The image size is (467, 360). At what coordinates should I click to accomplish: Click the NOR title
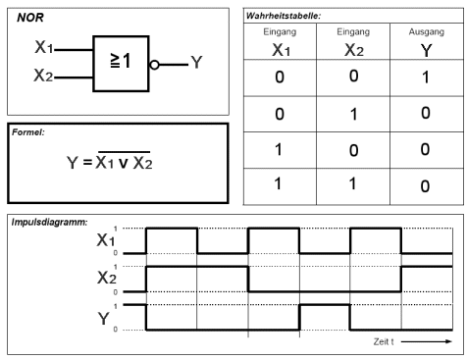30,18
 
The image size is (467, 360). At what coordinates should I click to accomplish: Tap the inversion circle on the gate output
154,65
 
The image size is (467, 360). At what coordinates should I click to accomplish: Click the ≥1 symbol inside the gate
121,61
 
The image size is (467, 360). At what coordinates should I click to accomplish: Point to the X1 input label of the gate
44,47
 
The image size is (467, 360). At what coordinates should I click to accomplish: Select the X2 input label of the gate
43,75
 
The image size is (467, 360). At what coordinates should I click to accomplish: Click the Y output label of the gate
196,62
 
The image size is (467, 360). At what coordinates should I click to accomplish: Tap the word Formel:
28,132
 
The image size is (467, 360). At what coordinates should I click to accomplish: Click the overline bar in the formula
125,152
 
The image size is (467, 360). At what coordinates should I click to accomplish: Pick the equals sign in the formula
87,162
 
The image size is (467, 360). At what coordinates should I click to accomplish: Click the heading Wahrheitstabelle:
284,16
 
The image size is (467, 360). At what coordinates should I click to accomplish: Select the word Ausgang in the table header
427,31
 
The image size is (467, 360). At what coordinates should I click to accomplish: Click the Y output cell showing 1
426,77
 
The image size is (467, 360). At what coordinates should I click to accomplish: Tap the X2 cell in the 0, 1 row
353,115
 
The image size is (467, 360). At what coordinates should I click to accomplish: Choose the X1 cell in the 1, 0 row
279,149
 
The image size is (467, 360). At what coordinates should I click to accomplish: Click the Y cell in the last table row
425,186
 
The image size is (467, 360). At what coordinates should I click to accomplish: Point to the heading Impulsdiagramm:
50,223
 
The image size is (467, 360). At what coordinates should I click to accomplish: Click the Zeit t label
384,341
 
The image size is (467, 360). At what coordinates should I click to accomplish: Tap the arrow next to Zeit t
426,341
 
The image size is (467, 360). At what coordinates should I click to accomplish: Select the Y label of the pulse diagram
103,319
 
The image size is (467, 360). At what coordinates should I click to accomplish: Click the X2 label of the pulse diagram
107,278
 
